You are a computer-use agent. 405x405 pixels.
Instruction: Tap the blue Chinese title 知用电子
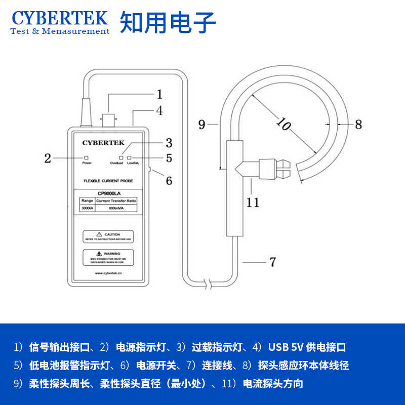168,22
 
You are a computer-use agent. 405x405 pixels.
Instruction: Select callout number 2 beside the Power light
48,158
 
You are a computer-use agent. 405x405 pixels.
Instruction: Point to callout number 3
169,143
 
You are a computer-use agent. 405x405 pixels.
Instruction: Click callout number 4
159,111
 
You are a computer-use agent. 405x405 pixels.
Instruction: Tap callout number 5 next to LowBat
169,158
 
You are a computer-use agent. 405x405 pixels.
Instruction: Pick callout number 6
169,180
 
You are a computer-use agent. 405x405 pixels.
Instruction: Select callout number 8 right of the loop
358,124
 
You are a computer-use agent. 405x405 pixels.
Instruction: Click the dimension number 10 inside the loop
283,124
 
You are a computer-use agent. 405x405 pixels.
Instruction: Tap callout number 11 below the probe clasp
253,202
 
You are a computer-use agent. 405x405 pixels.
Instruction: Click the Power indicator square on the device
87,157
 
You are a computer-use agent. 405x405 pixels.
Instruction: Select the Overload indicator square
121,157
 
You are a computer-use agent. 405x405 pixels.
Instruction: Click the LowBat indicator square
129,157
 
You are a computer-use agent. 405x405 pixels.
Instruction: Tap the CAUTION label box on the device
108,236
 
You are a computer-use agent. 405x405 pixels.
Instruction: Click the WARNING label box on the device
108,257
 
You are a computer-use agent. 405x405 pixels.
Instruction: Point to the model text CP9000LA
108,193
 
